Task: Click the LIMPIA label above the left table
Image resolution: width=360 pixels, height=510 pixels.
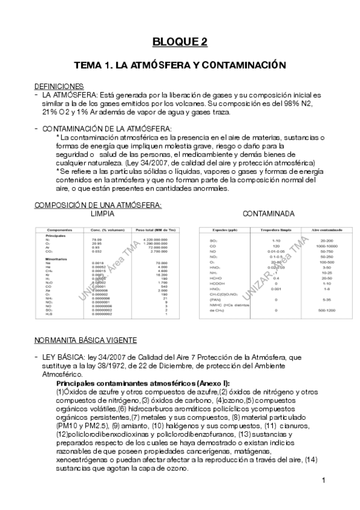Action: [x=103, y=214]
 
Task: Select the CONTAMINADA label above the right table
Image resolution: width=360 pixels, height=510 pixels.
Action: [x=268, y=214]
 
